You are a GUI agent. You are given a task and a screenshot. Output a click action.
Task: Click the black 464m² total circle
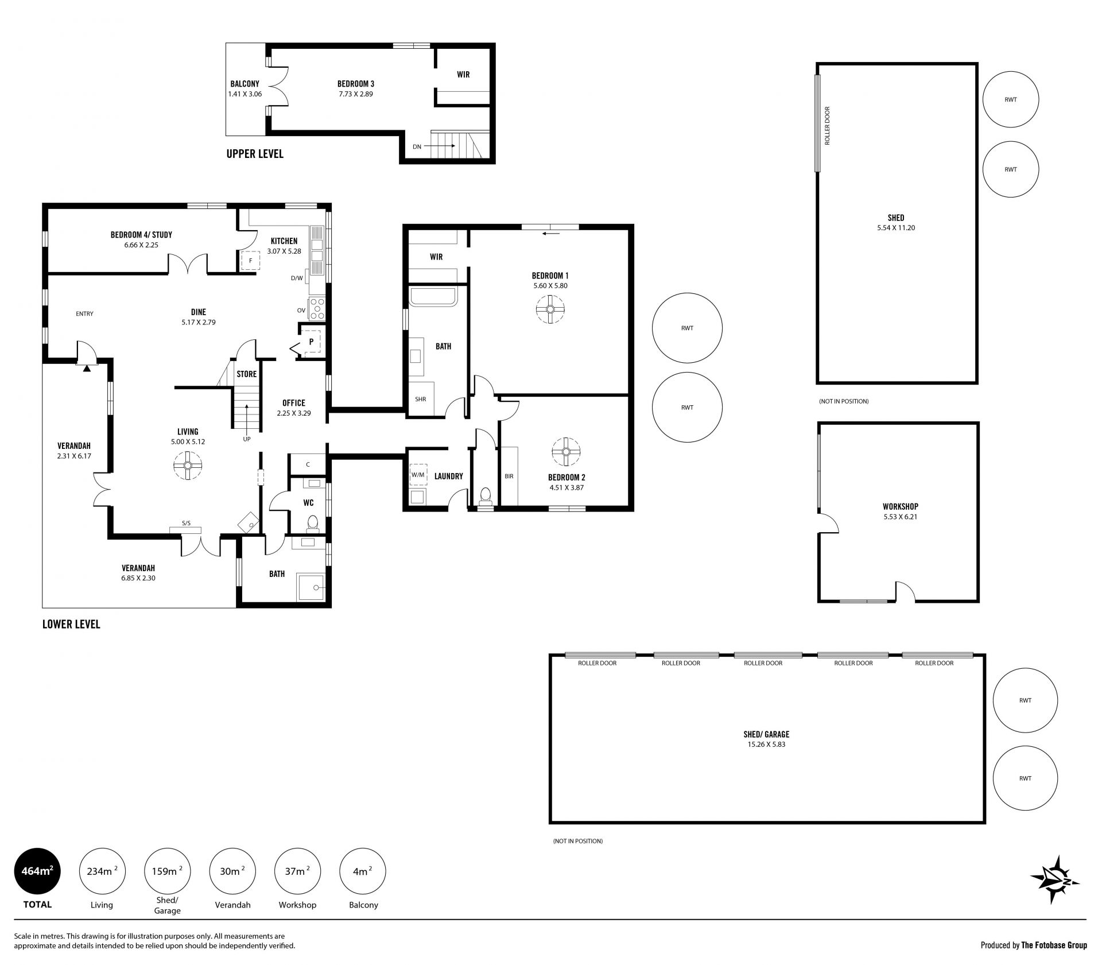pyautogui.click(x=37, y=871)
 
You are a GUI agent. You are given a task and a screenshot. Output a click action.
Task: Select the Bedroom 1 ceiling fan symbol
pyautogui.click(x=550, y=309)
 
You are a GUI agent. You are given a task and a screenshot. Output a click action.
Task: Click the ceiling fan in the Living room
pyautogui.click(x=188, y=466)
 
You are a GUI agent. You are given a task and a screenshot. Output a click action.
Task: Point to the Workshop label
pyautogui.click(x=900, y=506)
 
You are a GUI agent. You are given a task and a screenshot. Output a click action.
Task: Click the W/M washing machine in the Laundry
pyautogui.click(x=417, y=475)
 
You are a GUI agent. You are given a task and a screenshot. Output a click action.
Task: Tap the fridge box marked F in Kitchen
pyautogui.click(x=250, y=261)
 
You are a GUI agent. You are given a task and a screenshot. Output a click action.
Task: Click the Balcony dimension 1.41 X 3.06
pyautogui.click(x=245, y=94)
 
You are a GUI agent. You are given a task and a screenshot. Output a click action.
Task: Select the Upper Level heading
pyautogui.click(x=255, y=154)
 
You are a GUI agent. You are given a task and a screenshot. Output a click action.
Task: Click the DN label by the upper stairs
pyautogui.click(x=417, y=146)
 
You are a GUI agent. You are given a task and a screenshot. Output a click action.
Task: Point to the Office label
pyautogui.click(x=294, y=403)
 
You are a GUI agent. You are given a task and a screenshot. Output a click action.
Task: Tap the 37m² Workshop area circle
pyautogui.click(x=297, y=871)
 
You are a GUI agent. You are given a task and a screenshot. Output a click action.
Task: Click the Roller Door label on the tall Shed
pyautogui.click(x=828, y=126)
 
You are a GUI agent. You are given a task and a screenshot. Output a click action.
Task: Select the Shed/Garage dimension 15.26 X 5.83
pyautogui.click(x=766, y=745)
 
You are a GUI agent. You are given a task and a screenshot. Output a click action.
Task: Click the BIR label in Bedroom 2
pyautogui.click(x=509, y=476)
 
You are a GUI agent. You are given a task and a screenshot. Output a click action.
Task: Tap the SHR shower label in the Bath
pyautogui.click(x=421, y=399)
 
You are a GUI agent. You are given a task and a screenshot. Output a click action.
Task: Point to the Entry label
pyautogui.click(x=84, y=314)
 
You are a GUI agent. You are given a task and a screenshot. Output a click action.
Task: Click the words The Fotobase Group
pyautogui.click(x=1054, y=945)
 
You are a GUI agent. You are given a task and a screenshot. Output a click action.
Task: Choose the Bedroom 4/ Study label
pyautogui.click(x=141, y=235)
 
